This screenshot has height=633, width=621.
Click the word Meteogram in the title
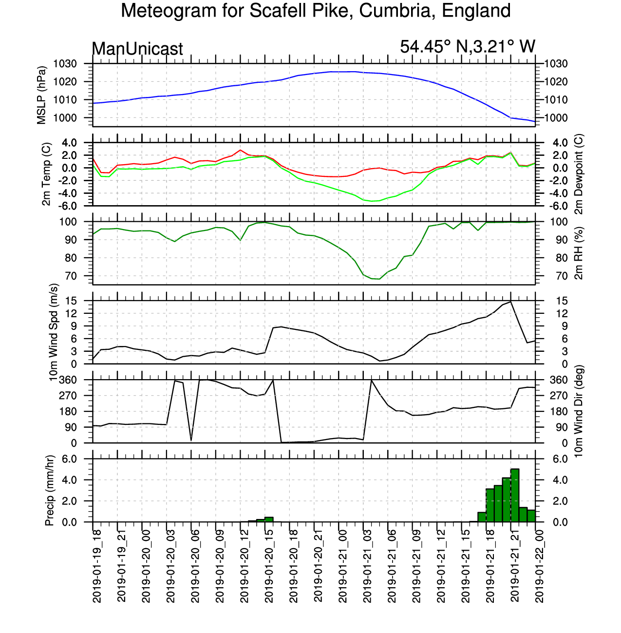169,11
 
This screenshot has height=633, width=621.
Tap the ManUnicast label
137,49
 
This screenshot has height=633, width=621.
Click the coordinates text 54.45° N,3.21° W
467,47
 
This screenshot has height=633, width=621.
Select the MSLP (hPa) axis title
41,95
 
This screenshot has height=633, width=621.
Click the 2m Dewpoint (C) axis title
579,174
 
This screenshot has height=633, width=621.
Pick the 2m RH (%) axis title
579,253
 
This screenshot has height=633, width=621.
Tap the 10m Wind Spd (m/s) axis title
54,332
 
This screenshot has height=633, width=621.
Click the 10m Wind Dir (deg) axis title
579,411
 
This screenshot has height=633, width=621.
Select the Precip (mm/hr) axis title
49,490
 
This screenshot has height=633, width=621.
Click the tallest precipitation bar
515,496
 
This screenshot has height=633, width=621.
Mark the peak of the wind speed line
510,302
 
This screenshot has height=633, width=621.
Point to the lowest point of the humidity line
379,279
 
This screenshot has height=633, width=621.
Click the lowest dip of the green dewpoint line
372,201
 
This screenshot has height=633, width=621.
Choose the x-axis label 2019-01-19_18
97,566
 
